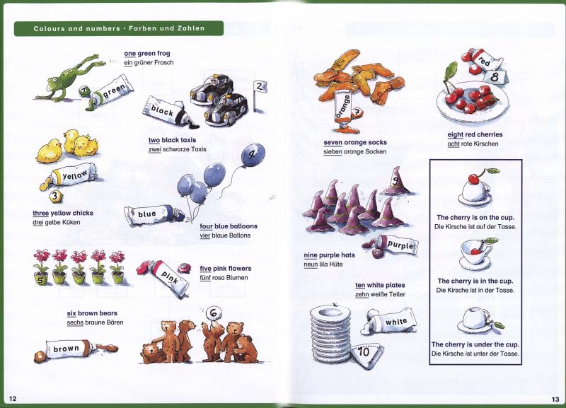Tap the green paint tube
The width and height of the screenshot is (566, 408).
tap(110, 93)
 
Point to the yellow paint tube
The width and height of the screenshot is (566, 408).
tap(70, 176)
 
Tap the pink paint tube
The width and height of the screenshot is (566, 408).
tap(164, 278)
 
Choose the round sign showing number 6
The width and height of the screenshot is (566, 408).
tap(214, 313)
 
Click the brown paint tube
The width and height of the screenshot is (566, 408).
tap(76, 349)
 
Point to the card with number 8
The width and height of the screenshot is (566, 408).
tap(495, 76)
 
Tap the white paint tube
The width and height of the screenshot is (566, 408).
tap(391, 321)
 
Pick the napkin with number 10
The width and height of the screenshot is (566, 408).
tap(366, 355)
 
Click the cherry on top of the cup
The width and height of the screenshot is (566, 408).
tap(474, 178)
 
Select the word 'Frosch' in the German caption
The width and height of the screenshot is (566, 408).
tap(163, 62)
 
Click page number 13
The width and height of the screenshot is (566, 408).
tap(555, 399)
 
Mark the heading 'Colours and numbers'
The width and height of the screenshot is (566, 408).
tap(76, 28)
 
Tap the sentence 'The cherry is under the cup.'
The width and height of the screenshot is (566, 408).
tap(475, 344)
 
